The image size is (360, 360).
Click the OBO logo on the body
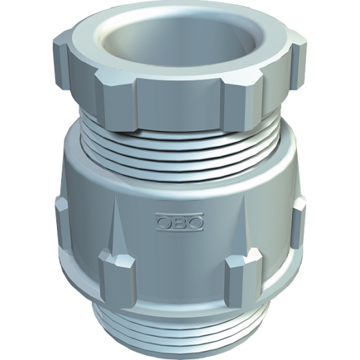point(180,221)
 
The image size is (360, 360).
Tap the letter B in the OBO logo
point(180,223)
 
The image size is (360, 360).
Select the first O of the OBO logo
point(165,223)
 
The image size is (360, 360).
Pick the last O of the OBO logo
point(195,223)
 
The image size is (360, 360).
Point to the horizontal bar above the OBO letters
point(180,215)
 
